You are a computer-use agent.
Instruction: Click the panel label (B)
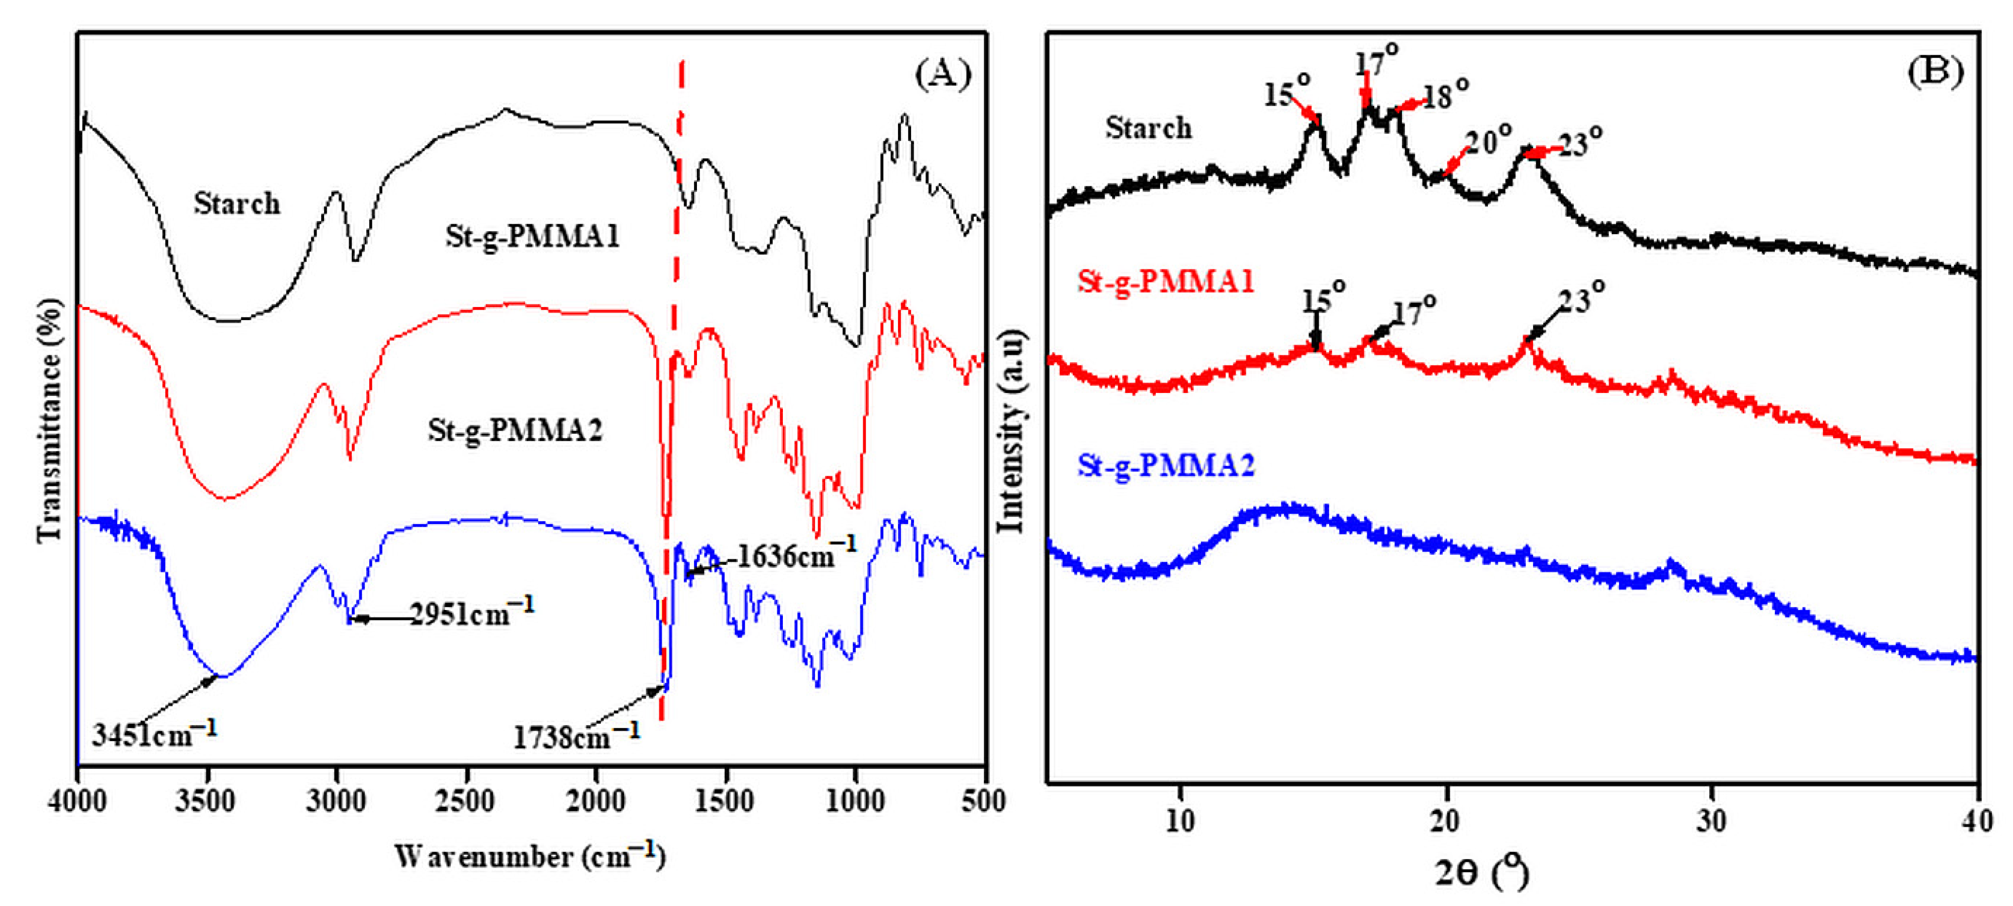1934,72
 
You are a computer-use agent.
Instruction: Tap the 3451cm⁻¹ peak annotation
154,733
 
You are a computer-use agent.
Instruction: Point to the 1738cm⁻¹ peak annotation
576,736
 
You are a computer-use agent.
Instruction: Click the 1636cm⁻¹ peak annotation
795,555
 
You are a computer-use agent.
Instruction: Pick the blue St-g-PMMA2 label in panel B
1166,465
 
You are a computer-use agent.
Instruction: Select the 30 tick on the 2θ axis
1712,821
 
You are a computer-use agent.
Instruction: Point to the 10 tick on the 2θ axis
1180,821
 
